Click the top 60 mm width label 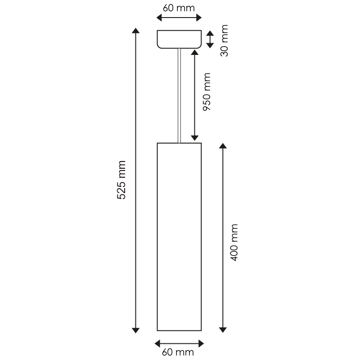point(179,8)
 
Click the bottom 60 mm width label point(178,352)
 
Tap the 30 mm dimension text point(224,40)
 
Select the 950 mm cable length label point(207,92)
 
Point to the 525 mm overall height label point(121,180)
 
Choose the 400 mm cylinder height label point(234,243)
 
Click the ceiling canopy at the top point(179,39)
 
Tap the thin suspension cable point(179,95)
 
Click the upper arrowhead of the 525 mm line point(136,31)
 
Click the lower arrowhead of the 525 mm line point(136,330)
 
